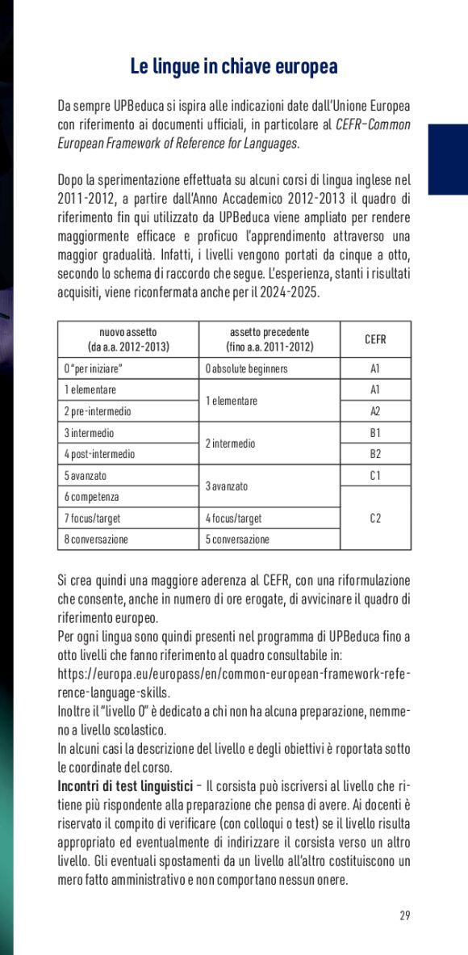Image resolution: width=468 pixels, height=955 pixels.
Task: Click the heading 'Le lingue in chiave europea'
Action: [234, 66]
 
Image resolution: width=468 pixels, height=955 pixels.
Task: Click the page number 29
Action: [404, 915]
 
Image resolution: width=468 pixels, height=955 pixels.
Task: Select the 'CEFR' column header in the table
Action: [375, 340]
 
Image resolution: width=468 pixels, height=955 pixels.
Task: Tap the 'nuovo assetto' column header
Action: [127, 339]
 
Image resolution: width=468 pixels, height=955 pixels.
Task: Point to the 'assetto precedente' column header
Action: [270, 339]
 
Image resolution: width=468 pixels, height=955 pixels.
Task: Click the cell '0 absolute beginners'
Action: [246, 369]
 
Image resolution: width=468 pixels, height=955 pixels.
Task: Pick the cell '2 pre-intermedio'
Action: [98, 411]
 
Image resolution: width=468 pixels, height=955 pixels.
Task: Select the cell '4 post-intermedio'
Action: [100, 454]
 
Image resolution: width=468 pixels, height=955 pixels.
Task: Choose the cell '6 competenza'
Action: [92, 497]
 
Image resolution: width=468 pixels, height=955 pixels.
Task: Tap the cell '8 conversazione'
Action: [96, 539]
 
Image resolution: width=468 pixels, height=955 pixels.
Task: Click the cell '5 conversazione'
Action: [236, 539]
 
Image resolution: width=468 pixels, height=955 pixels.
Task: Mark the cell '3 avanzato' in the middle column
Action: [226, 486]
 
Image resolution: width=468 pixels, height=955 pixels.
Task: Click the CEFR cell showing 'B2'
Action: [375, 454]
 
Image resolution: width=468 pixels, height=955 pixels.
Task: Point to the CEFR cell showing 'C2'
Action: [375, 518]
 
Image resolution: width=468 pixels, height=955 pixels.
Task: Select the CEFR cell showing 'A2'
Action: [375, 411]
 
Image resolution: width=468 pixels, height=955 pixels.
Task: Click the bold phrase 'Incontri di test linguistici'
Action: [124, 785]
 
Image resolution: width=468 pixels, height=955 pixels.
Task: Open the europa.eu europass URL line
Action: [234, 673]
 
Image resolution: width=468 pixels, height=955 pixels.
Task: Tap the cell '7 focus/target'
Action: [93, 518]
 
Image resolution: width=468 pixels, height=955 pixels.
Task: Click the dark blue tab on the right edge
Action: [448, 159]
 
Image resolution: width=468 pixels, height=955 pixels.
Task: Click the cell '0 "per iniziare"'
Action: [94, 369]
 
